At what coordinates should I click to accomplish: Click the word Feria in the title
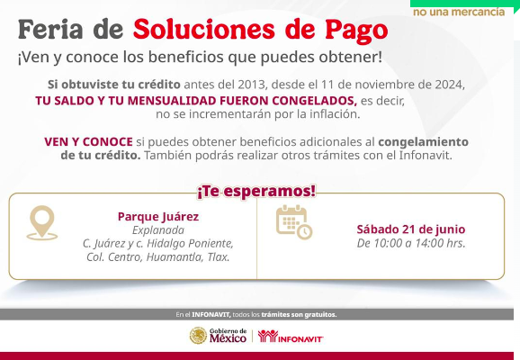click(50, 29)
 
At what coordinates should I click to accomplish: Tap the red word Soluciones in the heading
click(204, 29)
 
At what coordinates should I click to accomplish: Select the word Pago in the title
click(356, 31)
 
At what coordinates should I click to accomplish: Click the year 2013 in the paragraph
click(252, 85)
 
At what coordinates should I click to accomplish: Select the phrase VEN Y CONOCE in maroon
click(88, 142)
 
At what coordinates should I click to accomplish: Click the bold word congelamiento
click(423, 142)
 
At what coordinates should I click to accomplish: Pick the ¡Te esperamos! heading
click(256, 192)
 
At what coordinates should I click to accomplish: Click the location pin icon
click(42, 222)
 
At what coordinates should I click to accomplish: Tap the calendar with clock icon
click(294, 222)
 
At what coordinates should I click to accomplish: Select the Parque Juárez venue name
click(158, 217)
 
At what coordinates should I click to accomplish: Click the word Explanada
click(158, 230)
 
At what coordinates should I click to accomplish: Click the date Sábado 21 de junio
click(411, 229)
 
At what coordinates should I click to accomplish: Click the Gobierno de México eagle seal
click(198, 336)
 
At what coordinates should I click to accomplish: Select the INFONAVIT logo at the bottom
click(291, 336)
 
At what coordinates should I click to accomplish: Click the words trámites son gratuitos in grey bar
click(299, 314)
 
